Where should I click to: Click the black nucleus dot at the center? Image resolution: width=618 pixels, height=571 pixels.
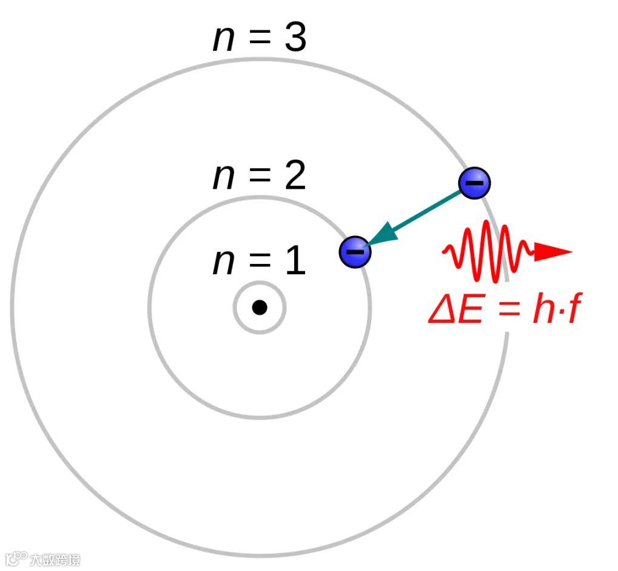pos(260,308)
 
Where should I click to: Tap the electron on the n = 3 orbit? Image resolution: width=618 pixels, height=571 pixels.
pos(474,183)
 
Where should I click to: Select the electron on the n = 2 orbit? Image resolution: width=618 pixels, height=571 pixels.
pos(355,251)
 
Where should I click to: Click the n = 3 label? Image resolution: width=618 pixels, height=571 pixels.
pos(260,38)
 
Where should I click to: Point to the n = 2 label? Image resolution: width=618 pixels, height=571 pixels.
pos(260,177)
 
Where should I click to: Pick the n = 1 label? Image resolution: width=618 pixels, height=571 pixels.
pos(260,262)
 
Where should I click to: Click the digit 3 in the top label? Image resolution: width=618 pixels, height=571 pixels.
pos(294,38)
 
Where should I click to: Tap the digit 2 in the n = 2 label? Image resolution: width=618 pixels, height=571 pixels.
pos(294,177)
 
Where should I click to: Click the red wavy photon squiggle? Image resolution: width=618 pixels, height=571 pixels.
pos(488,252)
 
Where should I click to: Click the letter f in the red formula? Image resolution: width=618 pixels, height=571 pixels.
pos(568,311)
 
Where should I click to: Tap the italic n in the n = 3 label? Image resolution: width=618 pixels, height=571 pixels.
pos(224,40)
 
